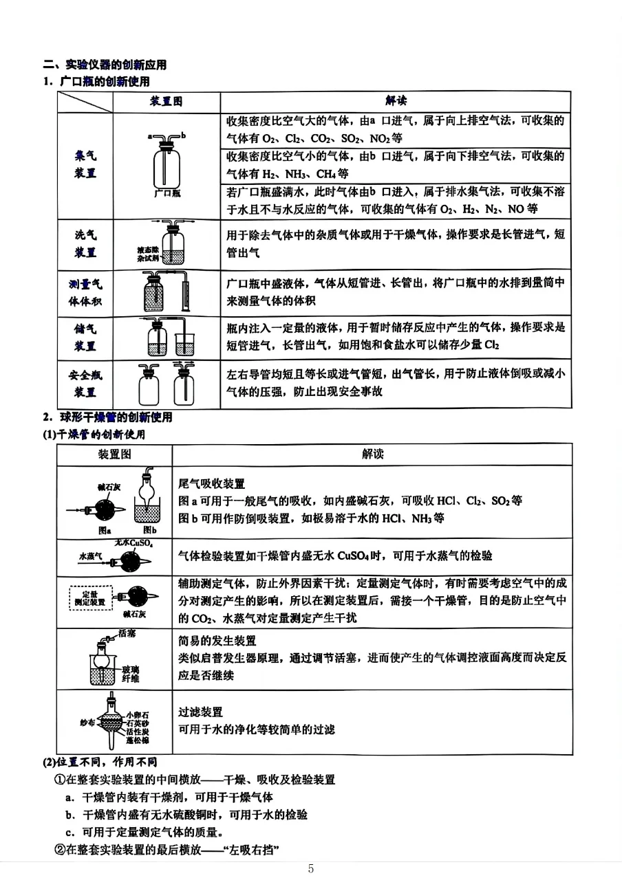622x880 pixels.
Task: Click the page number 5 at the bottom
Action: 311,868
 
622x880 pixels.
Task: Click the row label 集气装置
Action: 85,165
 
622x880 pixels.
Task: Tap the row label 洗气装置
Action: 85,243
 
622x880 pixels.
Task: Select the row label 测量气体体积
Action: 85,293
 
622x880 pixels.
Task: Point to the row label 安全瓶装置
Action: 85,384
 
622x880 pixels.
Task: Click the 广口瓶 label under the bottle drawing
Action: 167,194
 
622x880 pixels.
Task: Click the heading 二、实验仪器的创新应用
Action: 105,65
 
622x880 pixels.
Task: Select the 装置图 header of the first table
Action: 167,101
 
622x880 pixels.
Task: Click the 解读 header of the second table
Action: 372,454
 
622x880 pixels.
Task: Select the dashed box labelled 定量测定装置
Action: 89,597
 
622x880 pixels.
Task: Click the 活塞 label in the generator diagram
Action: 127,633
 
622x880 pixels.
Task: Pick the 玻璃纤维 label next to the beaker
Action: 131,674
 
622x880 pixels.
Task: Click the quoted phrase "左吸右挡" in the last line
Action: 254,850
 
